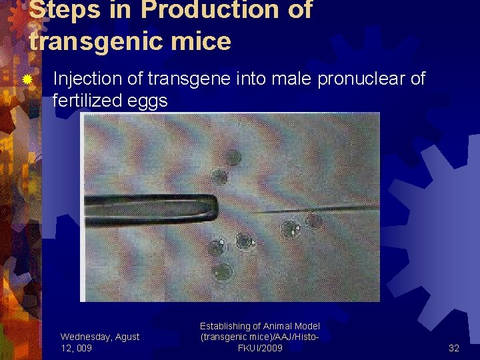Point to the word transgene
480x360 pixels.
click(181, 79)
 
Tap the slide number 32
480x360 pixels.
click(454, 347)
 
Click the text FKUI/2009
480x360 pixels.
click(260, 348)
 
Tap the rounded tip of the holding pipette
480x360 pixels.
click(216, 208)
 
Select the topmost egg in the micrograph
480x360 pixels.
click(233, 157)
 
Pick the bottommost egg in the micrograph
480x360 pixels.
click(222, 271)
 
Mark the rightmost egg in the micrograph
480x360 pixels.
click(313, 220)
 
